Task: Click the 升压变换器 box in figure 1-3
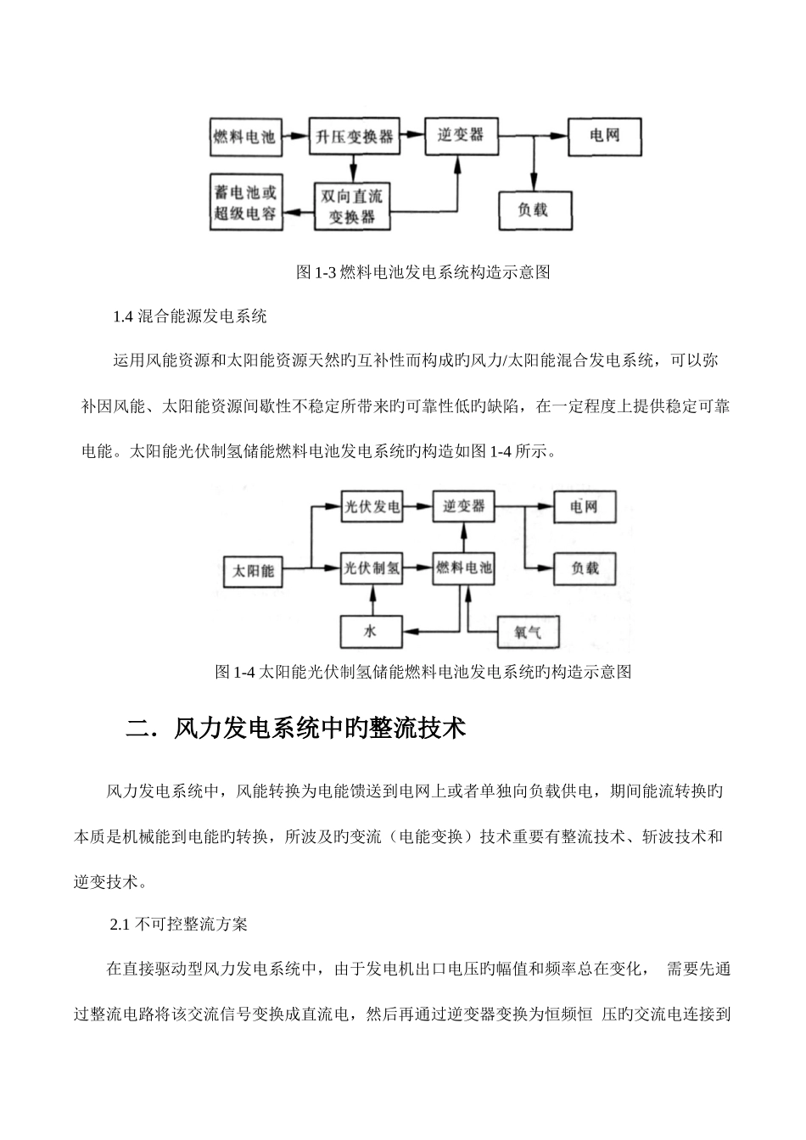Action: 355,137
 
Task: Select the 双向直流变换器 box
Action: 355,205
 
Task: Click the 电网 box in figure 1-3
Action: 604,136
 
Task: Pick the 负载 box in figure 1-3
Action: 533,210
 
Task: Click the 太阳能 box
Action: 254,571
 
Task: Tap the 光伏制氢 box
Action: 372,568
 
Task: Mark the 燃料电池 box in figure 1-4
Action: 463,568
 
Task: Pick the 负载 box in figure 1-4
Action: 585,568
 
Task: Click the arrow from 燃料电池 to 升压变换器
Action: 296,135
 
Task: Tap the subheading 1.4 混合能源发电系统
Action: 189,317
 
